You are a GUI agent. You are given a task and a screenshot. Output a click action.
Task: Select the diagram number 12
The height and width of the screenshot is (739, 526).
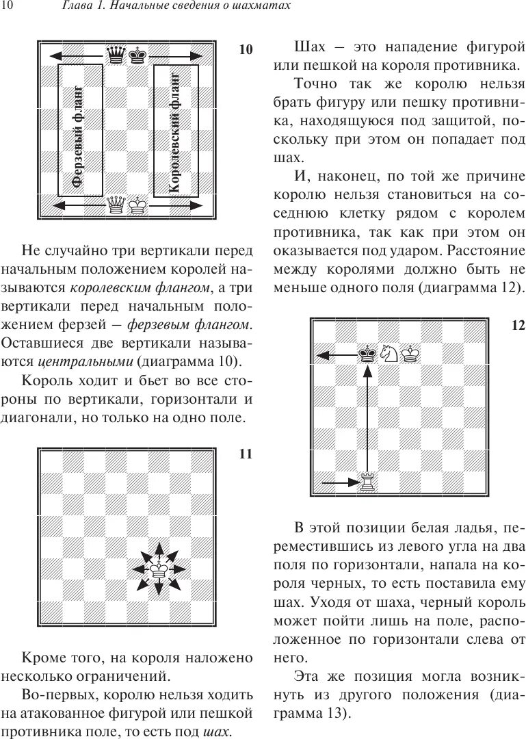pyautogui.click(x=517, y=325)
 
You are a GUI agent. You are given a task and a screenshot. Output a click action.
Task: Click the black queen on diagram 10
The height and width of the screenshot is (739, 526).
pyautogui.click(x=117, y=54)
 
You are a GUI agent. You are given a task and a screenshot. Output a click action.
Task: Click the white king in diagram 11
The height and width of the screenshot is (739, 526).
pyautogui.click(x=159, y=569)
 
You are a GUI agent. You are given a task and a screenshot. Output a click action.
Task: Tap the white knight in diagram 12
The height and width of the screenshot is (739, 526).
pyautogui.click(x=390, y=353)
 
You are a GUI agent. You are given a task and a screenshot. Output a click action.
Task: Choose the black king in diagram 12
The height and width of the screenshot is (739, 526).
pyautogui.click(x=369, y=353)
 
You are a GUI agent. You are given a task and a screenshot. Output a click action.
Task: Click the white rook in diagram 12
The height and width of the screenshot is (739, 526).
pyautogui.click(x=369, y=482)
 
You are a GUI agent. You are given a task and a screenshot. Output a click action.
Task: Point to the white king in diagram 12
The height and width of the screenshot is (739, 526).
pyautogui.click(x=411, y=353)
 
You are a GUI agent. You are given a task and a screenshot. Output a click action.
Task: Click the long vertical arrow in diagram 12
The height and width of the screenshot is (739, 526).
pyautogui.click(x=369, y=417)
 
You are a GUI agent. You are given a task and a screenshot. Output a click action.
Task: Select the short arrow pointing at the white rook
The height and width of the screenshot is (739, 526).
pyautogui.click(x=337, y=482)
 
